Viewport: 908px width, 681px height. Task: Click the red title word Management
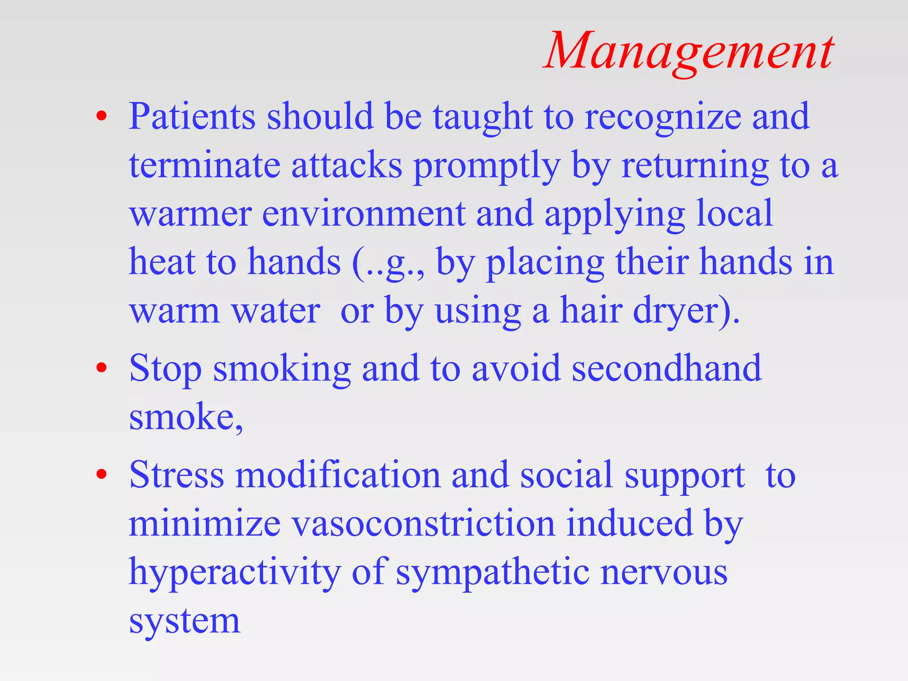click(689, 51)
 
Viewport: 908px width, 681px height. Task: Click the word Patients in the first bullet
click(192, 116)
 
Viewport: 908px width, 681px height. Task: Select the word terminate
click(204, 165)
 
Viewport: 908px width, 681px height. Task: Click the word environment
click(364, 214)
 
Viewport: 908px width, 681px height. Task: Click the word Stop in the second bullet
click(165, 369)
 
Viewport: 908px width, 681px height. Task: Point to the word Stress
click(176, 475)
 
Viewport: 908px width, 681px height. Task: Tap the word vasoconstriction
click(423, 524)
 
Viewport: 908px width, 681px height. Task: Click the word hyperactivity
click(235, 573)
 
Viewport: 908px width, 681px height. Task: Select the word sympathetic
click(493, 573)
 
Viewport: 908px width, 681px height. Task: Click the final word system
click(184, 622)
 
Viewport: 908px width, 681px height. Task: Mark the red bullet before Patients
click(102, 116)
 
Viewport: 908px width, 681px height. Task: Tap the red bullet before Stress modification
click(102, 475)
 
